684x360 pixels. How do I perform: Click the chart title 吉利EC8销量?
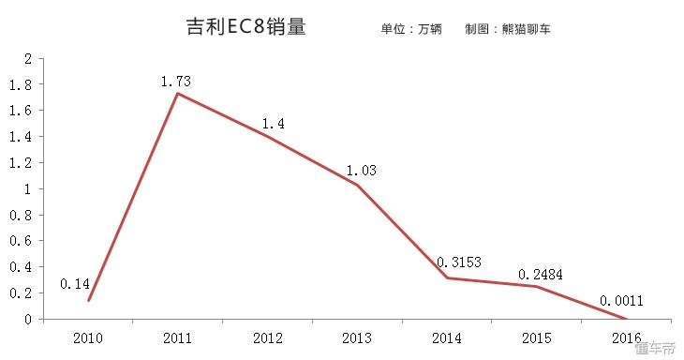[246, 27]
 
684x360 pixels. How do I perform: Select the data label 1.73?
[176, 82]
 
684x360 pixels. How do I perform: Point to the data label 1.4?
[273, 124]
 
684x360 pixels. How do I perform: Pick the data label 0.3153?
[458, 262]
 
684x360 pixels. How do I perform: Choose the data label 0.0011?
[623, 302]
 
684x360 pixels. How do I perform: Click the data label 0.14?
[75, 283]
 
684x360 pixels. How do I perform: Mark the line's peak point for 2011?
[177, 93]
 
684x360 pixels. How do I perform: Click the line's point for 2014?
[447, 277]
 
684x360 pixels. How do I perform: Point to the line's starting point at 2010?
[88, 300]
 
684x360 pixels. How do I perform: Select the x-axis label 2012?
[267, 337]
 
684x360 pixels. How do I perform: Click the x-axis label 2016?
[625, 337]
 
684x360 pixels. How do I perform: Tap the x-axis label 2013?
[356, 337]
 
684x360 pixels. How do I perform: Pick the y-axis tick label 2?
[28, 58]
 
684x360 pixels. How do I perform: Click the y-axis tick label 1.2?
[21, 162]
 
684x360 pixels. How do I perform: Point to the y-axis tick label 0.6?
[21, 241]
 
